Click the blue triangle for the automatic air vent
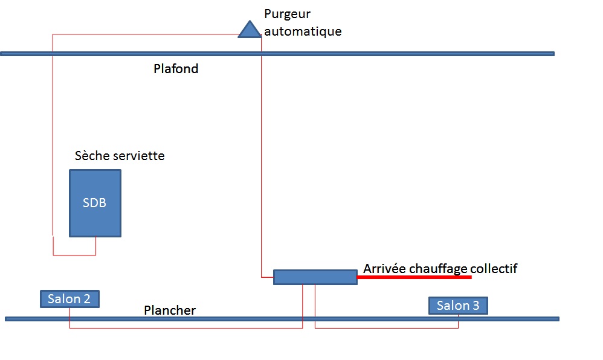pos(249,30)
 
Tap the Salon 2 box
pos(69,299)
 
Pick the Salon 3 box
pos(457,306)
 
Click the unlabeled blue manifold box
pos(315,277)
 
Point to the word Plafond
pos(176,68)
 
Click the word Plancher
pos(170,310)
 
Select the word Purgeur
pos(288,14)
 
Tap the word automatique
pos(303,31)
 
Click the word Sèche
pos(92,156)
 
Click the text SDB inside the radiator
pos(94,203)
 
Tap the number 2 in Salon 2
pos(86,299)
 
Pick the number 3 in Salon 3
pos(476,306)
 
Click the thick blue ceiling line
pos(393,54)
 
